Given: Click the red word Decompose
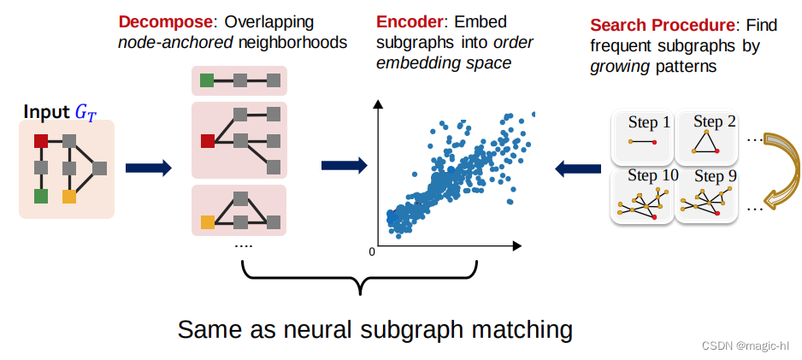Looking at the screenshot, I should pyautogui.click(x=159, y=21).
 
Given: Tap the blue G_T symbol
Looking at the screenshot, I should pyautogui.click(x=86, y=111).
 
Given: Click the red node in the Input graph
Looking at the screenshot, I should pyautogui.click(x=40, y=140).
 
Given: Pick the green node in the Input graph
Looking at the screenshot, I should pyautogui.click(x=40, y=196).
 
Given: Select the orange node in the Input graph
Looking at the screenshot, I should pyautogui.click(x=69, y=196).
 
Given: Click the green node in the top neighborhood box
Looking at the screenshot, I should pyautogui.click(x=207, y=81).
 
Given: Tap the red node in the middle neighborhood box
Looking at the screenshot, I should pyautogui.click(x=207, y=140).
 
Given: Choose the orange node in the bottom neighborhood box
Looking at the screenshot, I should pyautogui.click(x=207, y=223).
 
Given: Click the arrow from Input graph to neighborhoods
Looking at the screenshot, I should pyautogui.click(x=149, y=168).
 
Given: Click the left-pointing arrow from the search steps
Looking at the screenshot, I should pyautogui.click(x=577, y=168).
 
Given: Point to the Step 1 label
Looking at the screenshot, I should pyautogui.click(x=649, y=122).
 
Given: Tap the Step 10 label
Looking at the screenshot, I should pyautogui.click(x=652, y=175).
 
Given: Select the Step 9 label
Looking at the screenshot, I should pyautogui.click(x=709, y=177).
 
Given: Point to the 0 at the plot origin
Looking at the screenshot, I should pyautogui.click(x=372, y=252).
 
